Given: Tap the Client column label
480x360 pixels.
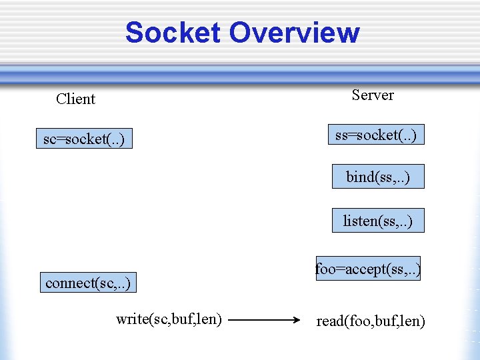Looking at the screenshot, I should [x=75, y=99].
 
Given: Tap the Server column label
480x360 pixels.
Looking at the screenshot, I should [x=373, y=95].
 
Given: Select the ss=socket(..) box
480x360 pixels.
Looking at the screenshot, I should [x=376, y=135].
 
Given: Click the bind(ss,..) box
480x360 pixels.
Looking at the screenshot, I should [x=378, y=177].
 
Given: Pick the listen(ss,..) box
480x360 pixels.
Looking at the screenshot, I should [x=378, y=221].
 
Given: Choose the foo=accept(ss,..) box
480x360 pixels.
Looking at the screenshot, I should [x=368, y=269].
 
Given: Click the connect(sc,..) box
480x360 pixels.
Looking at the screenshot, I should [x=87, y=283].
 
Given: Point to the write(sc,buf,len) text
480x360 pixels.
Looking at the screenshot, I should [x=169, y=319].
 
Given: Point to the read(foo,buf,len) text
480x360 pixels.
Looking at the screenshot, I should [x=370, y=321].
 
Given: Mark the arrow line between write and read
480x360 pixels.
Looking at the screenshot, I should [x=260, y=320].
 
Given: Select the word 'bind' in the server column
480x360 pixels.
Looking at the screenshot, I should [x=359, y=177].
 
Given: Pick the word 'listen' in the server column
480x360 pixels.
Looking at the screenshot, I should [x=359, y=221].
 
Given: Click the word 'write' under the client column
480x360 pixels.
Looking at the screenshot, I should [x=131, y=319].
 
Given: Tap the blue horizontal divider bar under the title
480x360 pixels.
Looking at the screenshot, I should [x=240, y=74].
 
